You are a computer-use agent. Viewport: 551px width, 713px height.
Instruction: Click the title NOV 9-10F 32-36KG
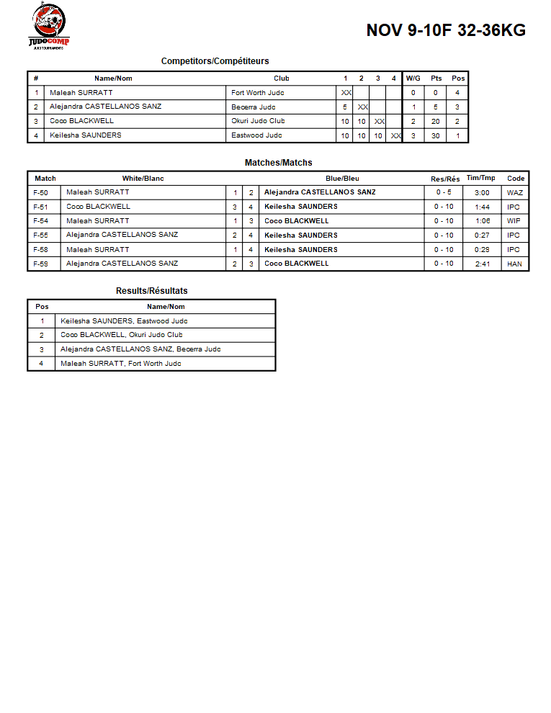[446, 30]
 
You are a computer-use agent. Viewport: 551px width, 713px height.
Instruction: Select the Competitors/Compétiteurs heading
[215, 61]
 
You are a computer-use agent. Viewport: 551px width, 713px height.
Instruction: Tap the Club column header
[282, 79]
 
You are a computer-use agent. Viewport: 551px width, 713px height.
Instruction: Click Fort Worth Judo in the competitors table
[257, 93]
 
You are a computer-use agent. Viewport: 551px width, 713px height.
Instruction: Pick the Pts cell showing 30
[435, 135]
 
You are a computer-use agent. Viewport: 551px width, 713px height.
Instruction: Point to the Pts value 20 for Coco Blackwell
[435, 121]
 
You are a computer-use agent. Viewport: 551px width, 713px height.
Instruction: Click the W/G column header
[413, 79]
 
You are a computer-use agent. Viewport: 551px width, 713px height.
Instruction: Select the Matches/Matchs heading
[278, 163]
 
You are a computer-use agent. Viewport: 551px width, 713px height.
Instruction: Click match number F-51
[41, 207]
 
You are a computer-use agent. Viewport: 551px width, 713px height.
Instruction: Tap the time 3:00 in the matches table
[482, 192]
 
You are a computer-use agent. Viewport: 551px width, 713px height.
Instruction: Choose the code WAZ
[514, 192]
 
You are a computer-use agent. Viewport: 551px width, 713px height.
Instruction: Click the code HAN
[514, 264]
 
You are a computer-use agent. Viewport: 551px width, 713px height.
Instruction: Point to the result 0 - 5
[443, 192]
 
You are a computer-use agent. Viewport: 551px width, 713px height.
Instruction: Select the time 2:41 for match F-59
[482, 264]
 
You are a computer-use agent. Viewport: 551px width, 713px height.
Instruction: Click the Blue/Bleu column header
[342, 179]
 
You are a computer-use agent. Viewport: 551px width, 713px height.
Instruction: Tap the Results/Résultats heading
[151, 291]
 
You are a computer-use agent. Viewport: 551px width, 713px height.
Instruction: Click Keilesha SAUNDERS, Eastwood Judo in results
[124, 321]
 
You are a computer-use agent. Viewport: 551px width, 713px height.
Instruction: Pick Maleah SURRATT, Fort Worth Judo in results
[120, 364]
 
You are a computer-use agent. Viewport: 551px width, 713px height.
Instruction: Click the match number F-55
[41, 236]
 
